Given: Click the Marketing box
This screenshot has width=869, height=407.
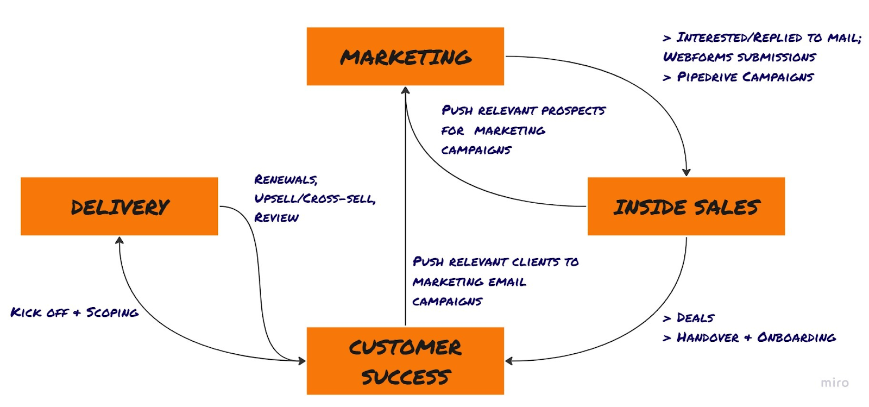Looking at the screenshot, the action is tap(405, 57).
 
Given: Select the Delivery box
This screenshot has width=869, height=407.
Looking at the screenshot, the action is tap(119, 206).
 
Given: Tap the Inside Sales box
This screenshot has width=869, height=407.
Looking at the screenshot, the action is tap(687, 206).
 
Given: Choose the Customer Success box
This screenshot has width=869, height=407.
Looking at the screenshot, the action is tap(405, 361).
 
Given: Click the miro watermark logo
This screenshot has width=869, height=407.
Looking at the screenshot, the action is tap(835, 383).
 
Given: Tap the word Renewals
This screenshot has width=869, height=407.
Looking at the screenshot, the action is tap(286, 179).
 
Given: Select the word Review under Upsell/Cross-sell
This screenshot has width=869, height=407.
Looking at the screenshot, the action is tap(276, 217).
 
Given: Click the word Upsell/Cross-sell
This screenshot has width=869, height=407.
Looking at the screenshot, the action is tap(314, 198).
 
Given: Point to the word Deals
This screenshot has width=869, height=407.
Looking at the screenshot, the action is tap(695, 318).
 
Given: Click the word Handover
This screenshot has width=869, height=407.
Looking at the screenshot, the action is tap(708, 337).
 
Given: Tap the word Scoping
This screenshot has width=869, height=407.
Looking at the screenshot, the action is tap(112, 312).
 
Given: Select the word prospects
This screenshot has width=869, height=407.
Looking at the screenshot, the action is tap(573, 110).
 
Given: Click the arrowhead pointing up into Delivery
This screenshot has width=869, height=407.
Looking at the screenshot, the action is tap(119, 240).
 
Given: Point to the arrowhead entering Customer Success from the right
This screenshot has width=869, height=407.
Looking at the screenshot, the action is tap(509, 361).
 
